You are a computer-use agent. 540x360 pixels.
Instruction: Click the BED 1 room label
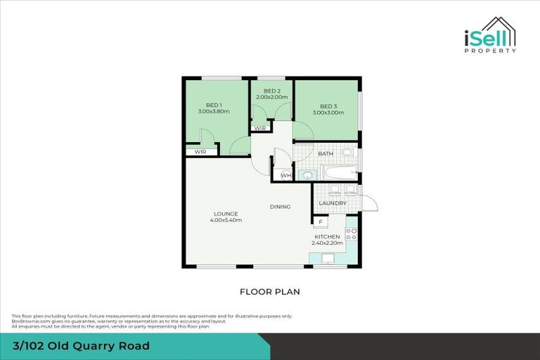pos(214,105)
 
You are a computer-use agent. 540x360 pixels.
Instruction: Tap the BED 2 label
pos(272,91)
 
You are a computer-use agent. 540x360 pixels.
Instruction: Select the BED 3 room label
pos(328,105)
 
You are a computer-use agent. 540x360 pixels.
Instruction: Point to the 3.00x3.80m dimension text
pos(214,112)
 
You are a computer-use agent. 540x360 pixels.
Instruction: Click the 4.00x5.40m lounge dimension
pos(226,220)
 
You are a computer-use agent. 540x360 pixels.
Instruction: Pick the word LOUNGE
pos(226,213)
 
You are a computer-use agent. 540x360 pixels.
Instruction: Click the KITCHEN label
pos(327,237)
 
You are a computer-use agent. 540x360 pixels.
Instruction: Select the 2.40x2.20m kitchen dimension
pos(327,243)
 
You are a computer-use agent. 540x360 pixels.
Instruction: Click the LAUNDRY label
pos(332,203)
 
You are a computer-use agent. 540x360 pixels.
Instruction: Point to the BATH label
pos(326,153)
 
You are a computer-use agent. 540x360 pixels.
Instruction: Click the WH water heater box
pos(285,175)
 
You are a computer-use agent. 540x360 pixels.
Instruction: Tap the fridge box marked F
pos(321,222)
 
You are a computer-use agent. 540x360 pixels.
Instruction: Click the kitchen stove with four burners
pos(352,234)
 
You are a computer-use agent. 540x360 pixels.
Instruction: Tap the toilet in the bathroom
pos(347,152)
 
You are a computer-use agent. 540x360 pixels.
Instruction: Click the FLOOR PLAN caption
pos(270,291)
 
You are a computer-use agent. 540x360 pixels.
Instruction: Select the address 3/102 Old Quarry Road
pos(80,346)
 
